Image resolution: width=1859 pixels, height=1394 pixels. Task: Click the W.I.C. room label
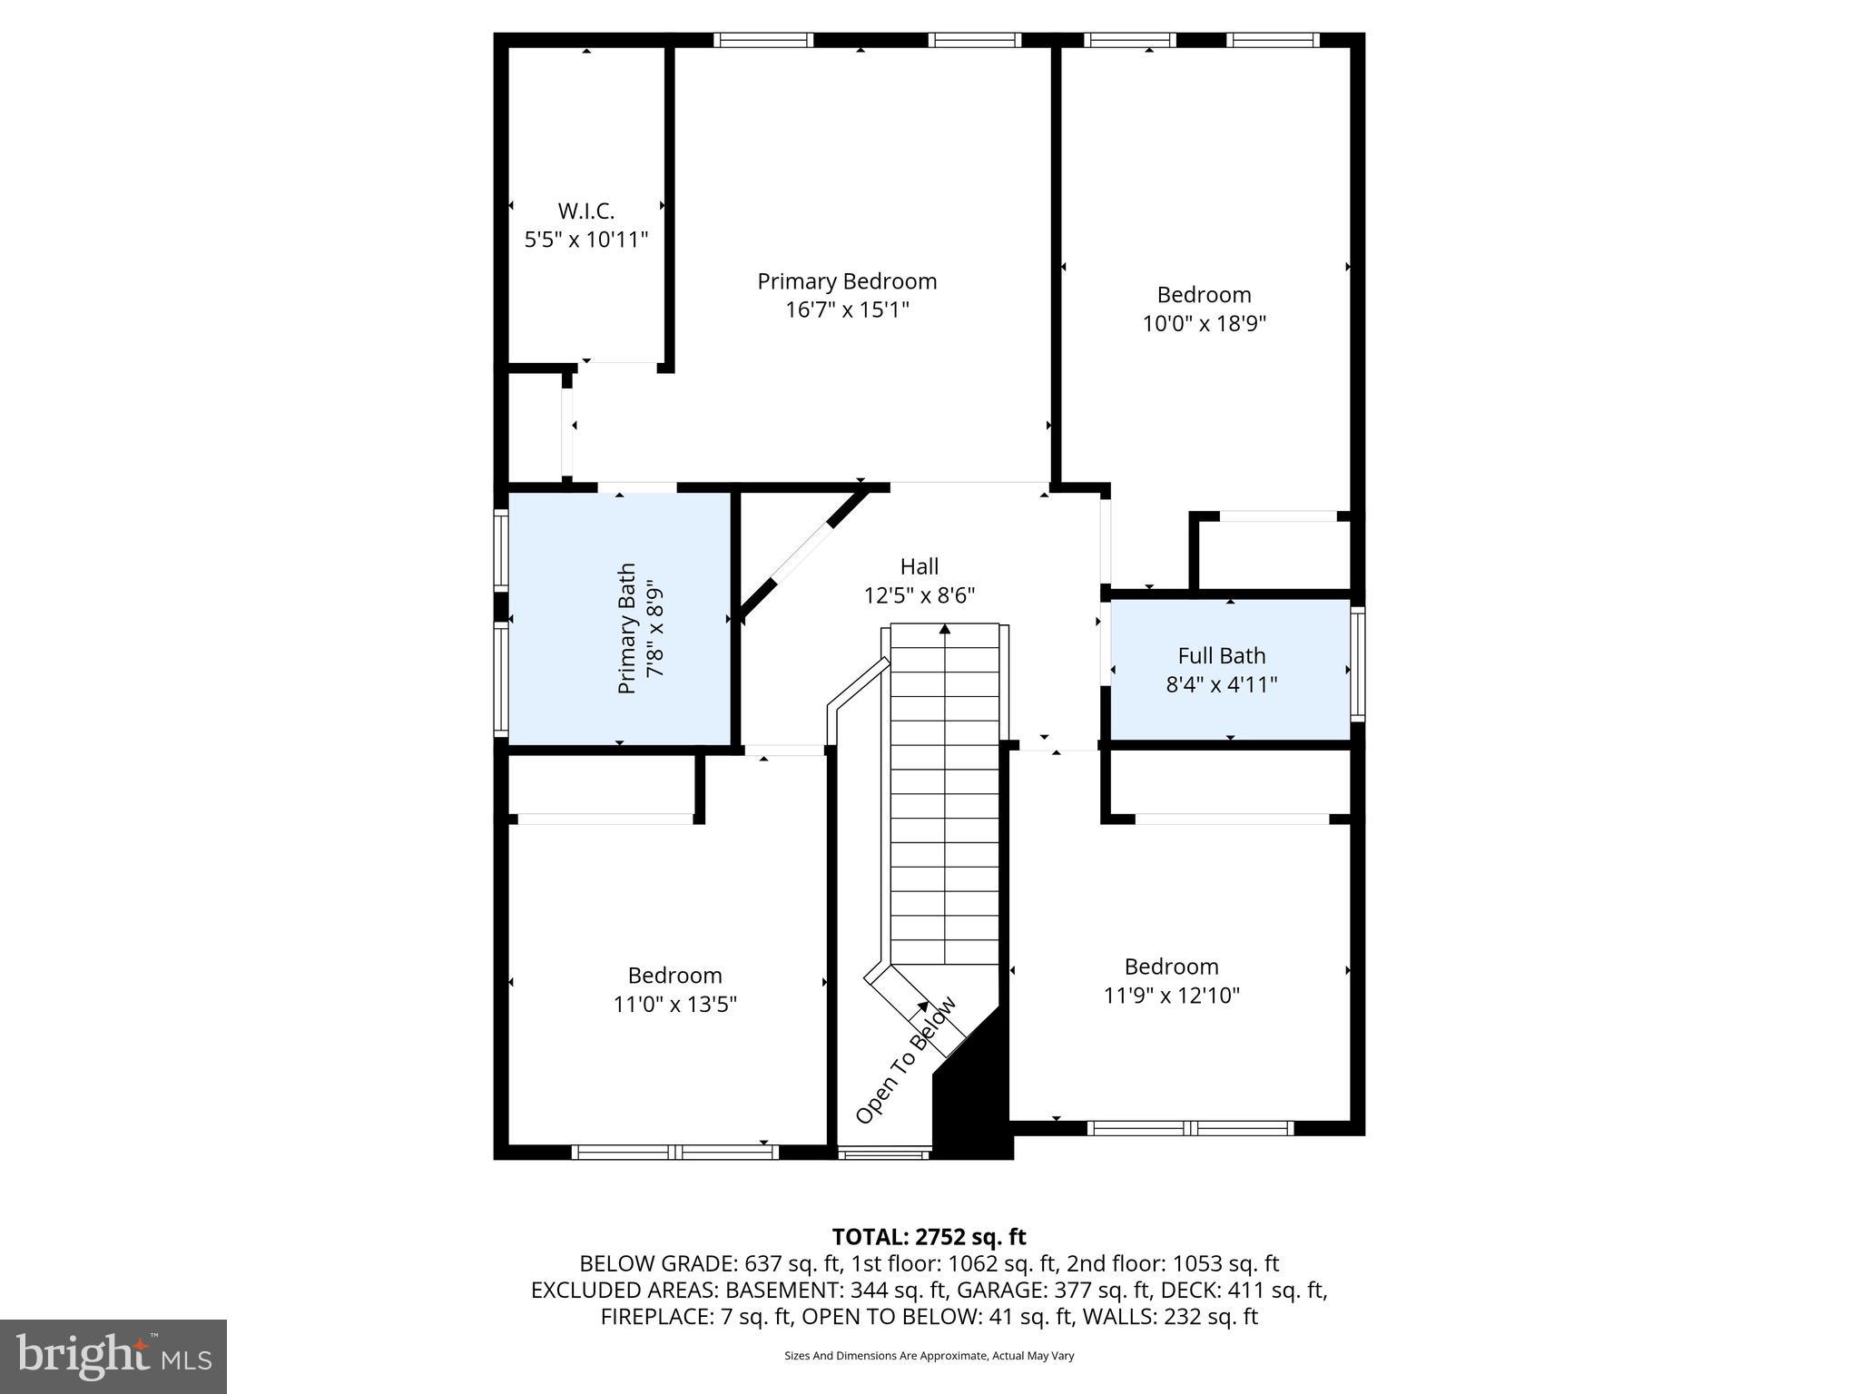click(x=585, y=211)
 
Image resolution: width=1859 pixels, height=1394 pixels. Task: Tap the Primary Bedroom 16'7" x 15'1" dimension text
click(x=847, y=310)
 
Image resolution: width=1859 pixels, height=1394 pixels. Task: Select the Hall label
click(x=919, y=567)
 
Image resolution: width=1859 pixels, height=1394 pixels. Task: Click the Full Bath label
click(x=1221, y=655)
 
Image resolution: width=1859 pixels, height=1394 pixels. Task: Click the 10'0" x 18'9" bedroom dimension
click(x=1204, y=324)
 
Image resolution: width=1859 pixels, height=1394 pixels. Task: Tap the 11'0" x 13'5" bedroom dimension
click(x=674, y=1005)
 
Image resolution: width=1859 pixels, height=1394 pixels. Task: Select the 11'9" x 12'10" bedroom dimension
click(x=1171, y=996)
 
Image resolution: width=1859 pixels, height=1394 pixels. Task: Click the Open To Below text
click(x=905, y=1060)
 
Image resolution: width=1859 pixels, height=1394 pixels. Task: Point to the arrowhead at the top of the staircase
click(x=945, y=628)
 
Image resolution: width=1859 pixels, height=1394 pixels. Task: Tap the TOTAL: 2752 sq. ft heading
click(x=929, y=1237)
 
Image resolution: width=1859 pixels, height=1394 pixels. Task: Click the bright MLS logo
click(x=113, y=1356)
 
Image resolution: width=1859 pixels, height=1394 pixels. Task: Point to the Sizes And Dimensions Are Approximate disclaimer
click(x=929, y=1356)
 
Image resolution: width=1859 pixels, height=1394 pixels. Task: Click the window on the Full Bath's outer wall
click(x=1357, y=663)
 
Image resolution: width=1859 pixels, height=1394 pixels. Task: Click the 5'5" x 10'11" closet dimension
click(x=585, y=241)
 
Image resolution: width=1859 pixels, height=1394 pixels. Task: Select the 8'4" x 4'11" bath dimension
click(x=1221, y=684)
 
